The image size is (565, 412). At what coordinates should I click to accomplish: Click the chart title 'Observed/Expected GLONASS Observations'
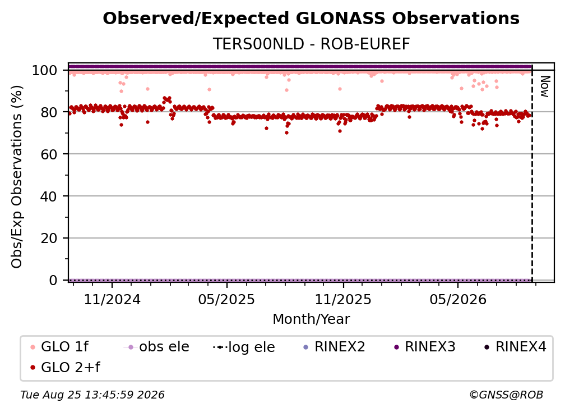pyautogui.click(x=311, y=19)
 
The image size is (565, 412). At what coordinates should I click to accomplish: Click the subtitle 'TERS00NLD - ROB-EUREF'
pyautogui.click(x=311, y=44)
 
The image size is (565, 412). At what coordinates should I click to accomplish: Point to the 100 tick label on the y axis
pyautogui.click(x=45, y=70)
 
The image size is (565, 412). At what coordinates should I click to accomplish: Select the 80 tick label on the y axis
pyautogui.click(x=49, y=112)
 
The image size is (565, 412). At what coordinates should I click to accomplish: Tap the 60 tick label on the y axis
pyautogui.click(x=49, y=154)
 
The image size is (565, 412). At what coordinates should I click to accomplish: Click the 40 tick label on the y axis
pyautogui.click(x=49, y=196)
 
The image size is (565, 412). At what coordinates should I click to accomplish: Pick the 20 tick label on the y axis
pyautogui.click(x=49, y=239)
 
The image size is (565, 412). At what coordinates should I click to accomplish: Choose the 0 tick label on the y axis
pyautogui.click(x=53, y=280)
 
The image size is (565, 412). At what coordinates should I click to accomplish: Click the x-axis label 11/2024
pyautogui.click(x=112, y=299)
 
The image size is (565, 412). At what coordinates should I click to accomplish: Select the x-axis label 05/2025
pyautogui.click(x=226, y=299)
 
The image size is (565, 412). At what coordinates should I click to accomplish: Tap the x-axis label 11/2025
pyautogui.click(x=343, y=299)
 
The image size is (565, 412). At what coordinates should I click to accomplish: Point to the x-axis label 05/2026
pyautogui.click(x=458, y=299)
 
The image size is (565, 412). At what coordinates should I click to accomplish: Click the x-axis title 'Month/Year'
pyautogui.click(x=311, y=319)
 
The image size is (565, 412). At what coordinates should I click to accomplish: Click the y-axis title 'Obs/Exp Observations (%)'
pyautogui.click(x=17, y=176)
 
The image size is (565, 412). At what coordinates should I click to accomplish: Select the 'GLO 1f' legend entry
pyautogui.click(x=59, y=347)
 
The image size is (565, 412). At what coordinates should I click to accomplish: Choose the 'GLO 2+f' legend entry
pyautogui.click(x=65, y=368)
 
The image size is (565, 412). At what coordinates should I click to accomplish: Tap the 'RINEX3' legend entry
pyautogui.click(x=424, y=347)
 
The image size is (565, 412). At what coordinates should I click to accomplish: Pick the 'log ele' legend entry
pyautogui.click(x=244, y=347)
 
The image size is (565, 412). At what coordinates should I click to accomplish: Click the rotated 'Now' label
pyautogui.click(x=544, y=86)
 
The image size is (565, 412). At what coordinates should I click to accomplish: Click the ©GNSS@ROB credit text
pyautogui.click(x=506, y=395)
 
